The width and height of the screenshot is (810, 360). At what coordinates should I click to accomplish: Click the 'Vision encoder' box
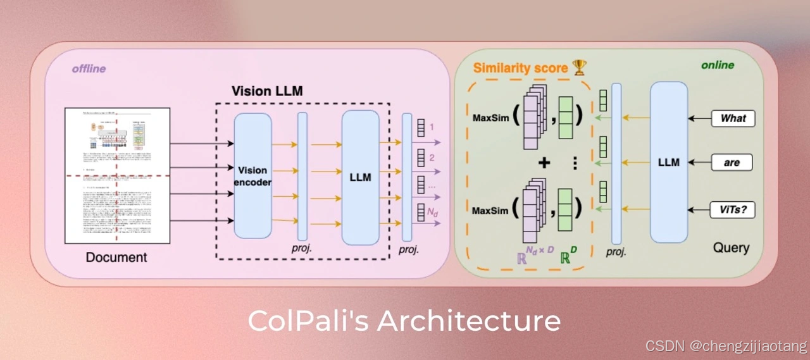252,175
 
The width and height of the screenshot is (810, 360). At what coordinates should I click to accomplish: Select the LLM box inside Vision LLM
360,177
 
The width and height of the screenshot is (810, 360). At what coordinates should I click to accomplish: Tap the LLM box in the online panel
668,162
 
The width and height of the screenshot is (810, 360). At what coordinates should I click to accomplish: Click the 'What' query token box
733,118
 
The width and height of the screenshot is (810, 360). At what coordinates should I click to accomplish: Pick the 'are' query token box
732,163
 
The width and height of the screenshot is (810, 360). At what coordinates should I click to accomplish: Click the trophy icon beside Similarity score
579,67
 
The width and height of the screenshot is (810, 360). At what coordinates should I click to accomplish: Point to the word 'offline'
89,68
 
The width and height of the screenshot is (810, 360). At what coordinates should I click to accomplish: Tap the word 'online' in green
717,65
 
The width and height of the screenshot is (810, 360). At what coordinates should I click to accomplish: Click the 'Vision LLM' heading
267,91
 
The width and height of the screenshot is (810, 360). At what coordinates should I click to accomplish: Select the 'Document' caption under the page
116,258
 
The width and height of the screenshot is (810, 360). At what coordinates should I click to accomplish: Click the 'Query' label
731,248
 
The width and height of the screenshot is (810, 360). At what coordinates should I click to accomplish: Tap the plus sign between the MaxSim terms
544,163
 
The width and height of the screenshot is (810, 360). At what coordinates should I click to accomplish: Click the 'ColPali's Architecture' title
404,321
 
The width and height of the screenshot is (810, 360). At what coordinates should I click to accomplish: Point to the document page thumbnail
117,176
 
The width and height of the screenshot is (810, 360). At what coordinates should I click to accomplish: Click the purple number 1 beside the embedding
432,127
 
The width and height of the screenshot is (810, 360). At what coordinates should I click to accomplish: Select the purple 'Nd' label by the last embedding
433,212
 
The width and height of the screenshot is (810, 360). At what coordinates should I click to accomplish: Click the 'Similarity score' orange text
520,68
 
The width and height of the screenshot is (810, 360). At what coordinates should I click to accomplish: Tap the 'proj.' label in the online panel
616,251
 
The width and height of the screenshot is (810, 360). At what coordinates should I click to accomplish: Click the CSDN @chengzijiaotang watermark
726,346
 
